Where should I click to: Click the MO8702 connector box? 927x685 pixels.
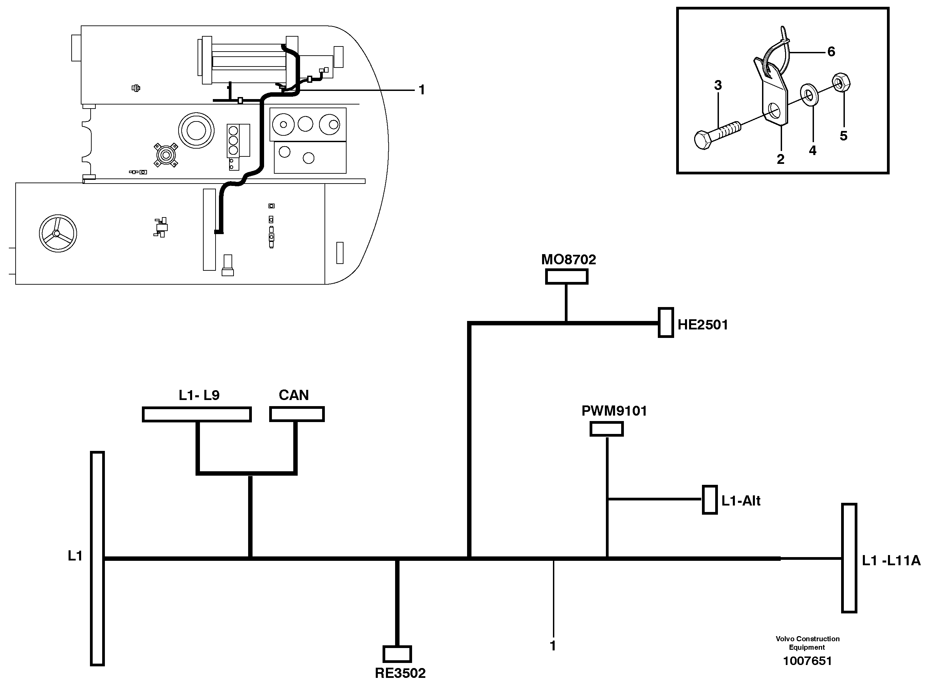(x=566, y=277)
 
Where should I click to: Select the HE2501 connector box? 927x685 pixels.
(x=666, y=323)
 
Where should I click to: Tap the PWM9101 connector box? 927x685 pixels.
(x=606, y=429)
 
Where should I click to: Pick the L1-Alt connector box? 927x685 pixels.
(x=710, y=500)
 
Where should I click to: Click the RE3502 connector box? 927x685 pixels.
(x=397, y=654)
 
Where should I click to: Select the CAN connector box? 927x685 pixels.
(x=297, y=414)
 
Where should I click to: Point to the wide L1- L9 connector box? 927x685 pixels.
(x=197, y=414)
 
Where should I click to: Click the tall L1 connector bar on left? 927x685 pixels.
(x=97, y=558)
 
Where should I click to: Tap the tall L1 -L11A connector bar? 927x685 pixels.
(x=849, y=558)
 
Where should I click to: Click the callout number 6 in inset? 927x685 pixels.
(x=831, y=52)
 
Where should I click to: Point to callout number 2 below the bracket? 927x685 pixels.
(x=780, y=159)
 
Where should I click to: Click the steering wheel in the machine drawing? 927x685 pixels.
(x=58, y=233)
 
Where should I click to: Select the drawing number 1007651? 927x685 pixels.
(x=807, y=661)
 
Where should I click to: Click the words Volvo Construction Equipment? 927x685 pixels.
(x=807, y=643)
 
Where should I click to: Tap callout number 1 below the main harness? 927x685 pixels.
(x=553, y=646)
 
